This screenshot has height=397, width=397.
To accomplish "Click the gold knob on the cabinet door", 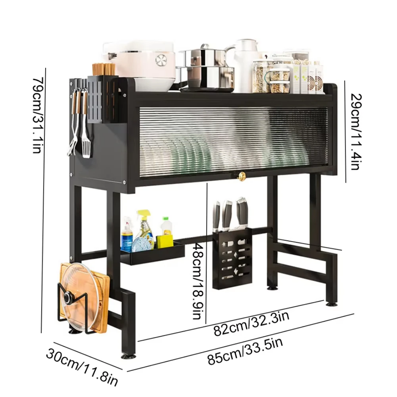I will pyautogui.click(x=242, y=177).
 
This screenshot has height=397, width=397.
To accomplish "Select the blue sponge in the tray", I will pyautogui.click(x=143, y=243).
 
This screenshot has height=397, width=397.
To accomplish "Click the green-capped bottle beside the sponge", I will pyautogui.click(x=167, y=228).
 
